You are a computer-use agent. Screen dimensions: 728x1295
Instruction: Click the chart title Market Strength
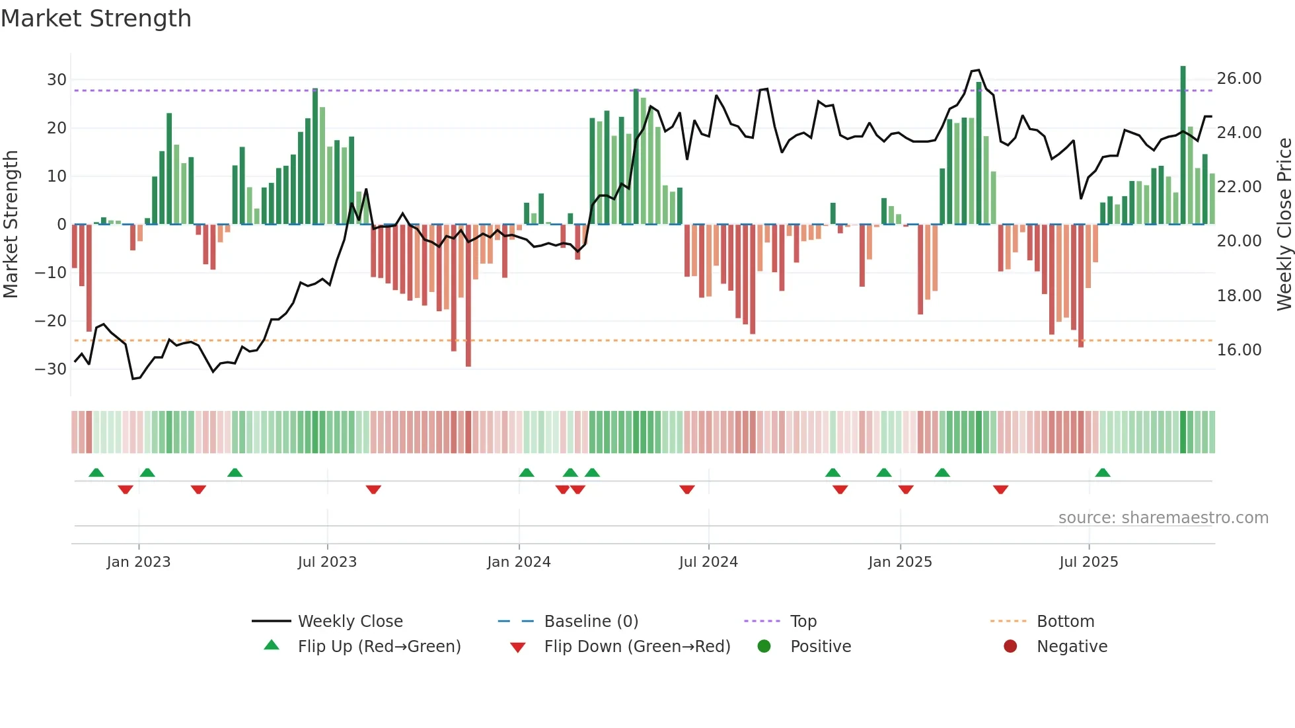point(96,18)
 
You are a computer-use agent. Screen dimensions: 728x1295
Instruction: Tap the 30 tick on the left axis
point(57,80)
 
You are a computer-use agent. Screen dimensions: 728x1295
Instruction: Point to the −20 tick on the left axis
point(51,321)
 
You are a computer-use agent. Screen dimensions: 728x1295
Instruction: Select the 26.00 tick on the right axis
point(1239,79)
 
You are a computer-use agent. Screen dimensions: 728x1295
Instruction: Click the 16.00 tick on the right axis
point(1239,350)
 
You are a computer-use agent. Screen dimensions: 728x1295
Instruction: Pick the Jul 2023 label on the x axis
point(327,562)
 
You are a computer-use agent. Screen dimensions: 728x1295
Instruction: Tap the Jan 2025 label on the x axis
point(900,562)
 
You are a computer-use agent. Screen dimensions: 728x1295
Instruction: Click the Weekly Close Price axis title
point(1284,225)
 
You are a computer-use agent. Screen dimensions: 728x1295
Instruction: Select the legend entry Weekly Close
point(350,622)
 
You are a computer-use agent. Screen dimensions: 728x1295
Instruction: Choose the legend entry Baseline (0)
point(591,622)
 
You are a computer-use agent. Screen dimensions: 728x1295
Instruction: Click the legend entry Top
point(803,622)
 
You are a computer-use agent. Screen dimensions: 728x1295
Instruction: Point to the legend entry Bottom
point(1065,622)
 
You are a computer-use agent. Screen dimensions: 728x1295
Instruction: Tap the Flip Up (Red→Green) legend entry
point(379,647)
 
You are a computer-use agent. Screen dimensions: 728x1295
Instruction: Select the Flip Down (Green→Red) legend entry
point(637,647)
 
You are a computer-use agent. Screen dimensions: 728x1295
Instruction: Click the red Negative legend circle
point(1010,646)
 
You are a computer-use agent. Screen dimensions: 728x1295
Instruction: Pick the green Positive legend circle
point(764,646)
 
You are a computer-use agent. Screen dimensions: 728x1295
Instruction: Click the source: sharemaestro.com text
point(1163,518)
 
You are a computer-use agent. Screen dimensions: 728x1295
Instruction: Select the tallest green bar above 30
point(1183,145)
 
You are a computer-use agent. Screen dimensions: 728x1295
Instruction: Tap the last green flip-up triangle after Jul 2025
point(1103,473)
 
